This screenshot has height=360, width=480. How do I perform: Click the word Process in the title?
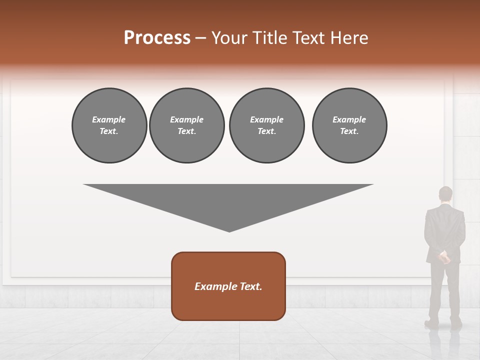157,38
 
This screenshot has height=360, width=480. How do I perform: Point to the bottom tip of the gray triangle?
229,231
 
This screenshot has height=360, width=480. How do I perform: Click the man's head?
445,194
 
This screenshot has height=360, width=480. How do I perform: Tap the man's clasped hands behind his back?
443,257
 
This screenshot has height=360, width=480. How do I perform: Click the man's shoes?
443,324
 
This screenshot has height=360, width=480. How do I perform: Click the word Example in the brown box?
213,286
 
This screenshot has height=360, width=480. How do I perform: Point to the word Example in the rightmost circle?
349,119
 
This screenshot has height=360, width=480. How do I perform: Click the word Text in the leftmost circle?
108,131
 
